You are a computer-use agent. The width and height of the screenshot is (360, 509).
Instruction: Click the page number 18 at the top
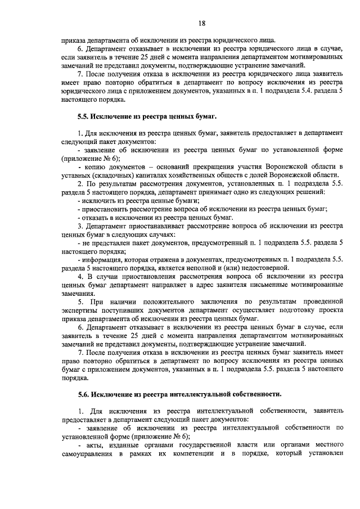click(202, 22)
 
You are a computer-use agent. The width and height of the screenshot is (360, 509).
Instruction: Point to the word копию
click(98, 168)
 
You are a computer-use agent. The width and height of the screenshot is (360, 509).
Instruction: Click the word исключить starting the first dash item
click(100, 200)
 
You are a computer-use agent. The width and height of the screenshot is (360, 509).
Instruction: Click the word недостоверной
click(264, 268)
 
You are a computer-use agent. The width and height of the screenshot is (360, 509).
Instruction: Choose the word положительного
click(166, 301)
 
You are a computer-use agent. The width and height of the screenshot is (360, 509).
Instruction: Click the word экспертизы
click(82, 310)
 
